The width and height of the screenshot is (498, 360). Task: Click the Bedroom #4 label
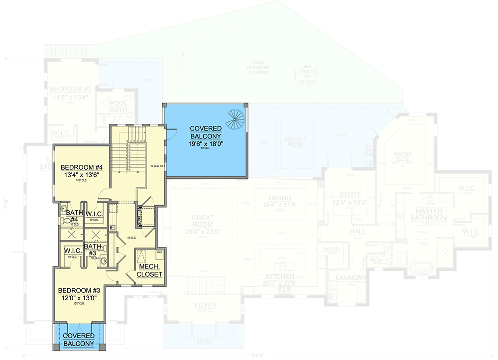(81, 167)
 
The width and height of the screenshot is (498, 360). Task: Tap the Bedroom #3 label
(80, 290)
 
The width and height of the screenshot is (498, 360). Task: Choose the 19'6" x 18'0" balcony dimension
(206, 143)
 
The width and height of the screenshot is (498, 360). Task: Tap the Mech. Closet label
(149, 269)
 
